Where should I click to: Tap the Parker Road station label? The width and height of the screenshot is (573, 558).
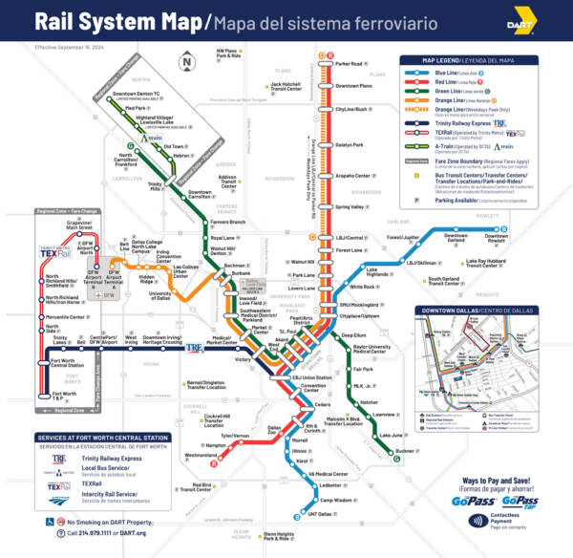tap(349, 64)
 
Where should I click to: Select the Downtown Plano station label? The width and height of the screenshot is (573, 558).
tap(353, 86)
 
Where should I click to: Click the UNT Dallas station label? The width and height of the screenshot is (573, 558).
tap(333, 514)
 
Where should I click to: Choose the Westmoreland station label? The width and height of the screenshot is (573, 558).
tap(200, 456)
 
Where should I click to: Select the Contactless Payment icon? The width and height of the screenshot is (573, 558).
tap(477, 521)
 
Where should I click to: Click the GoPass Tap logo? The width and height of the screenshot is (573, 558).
tap(520, 500)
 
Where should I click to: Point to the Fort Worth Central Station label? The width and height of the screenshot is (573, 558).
tap(72, 363)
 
